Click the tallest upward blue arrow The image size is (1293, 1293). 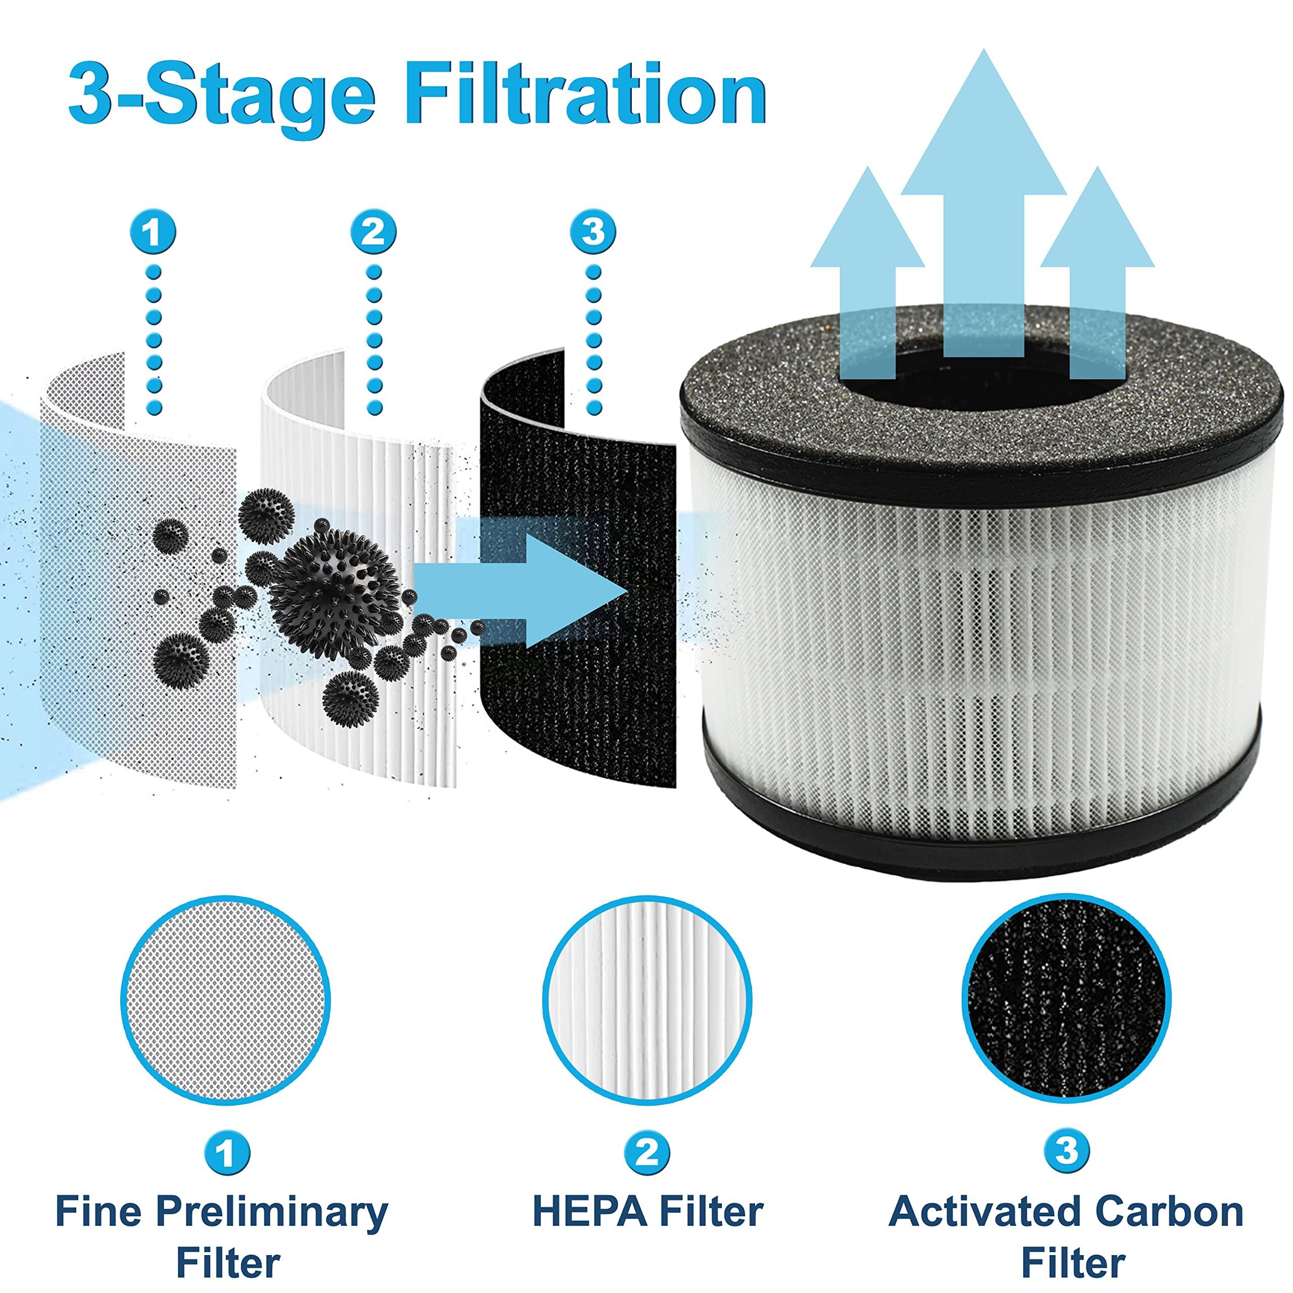[983, 201]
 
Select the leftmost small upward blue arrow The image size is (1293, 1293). [868, 268]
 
